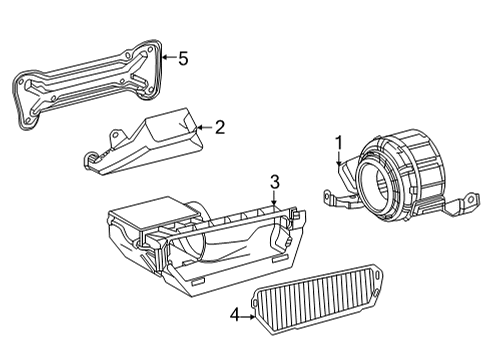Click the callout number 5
click(x=182, y=58)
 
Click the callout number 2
click(x=219, y=127)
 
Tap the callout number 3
click(x=273, y=181)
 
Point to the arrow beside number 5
click(x=167, y=58)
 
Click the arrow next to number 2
click(x=203, y=127)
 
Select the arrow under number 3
click(x=274, y=198)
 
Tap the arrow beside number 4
click(x=248, y=316)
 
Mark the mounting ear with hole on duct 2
click(x=93, y=155)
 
